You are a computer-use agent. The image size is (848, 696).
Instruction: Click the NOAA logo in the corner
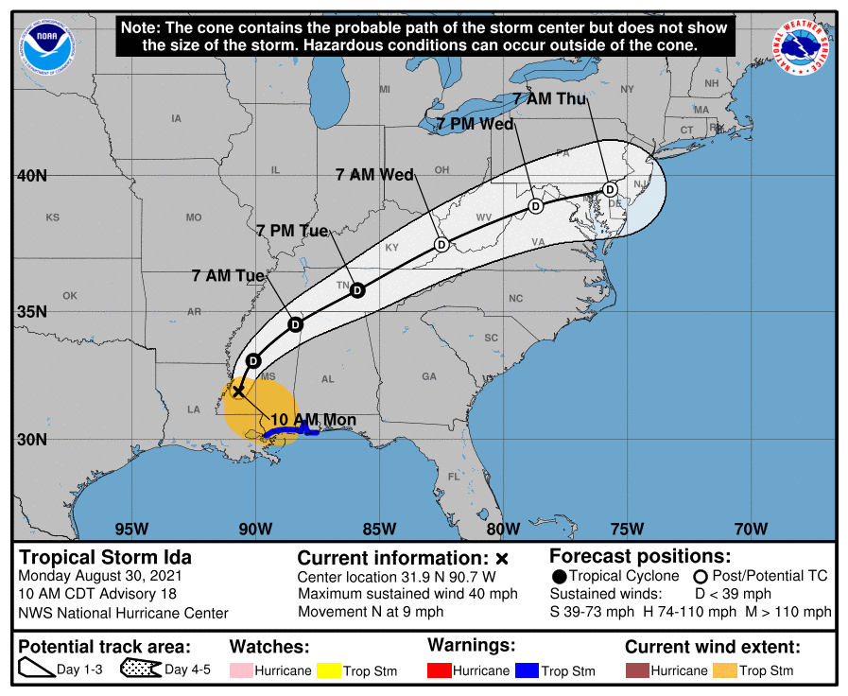(48, 46)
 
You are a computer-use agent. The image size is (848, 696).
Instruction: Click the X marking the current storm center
(239, 390)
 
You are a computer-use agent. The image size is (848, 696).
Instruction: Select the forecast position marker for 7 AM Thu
(612, 188)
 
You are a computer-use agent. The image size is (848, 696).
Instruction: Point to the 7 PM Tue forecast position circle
(357, 290)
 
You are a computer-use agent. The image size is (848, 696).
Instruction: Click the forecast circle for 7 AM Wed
(441, 245)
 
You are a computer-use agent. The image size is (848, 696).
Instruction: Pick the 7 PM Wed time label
(476, 124)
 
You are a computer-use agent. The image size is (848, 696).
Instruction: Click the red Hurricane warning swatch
(440, 670)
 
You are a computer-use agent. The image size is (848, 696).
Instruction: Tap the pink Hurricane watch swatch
(242, 670)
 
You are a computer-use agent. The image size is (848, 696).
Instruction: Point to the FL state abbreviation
(454, 477)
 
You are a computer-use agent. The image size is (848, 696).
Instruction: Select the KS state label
(53, 217)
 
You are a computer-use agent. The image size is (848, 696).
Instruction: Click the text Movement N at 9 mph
(371, 611)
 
